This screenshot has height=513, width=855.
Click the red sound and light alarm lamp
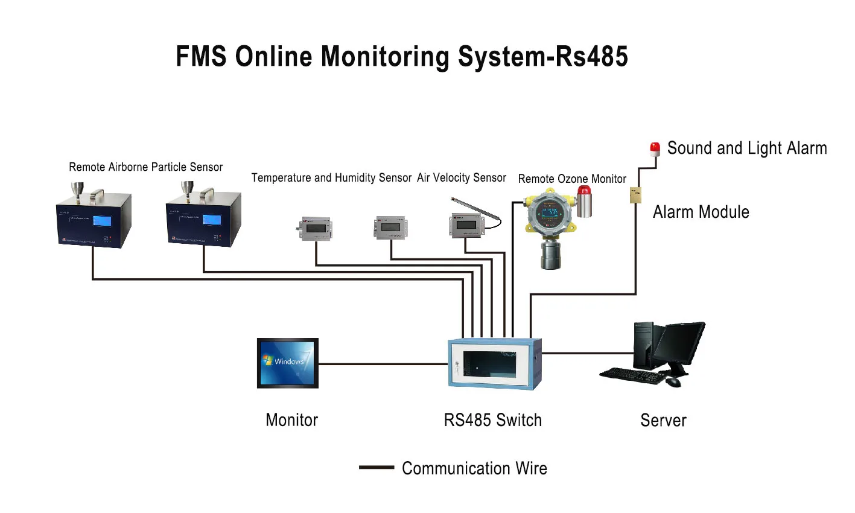pyautogui.click(x=655, y=148)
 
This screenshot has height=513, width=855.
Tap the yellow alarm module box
pyautogui.click(x=635, y=195)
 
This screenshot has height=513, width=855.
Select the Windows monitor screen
pyautogui.click(x=288, y=363)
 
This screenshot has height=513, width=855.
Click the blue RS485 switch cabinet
pyautogui.click(x=494, y=363)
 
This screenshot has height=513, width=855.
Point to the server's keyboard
pyautogui.click(x=631, y=375)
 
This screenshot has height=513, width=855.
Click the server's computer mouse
pyautogui.click(x=673, y=382)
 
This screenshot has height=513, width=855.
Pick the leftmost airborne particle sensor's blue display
pyautogui.click(x=102, y=221)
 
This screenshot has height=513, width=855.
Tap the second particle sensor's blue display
pyautogui.click(x=212, y=220)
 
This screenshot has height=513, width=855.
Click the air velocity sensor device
pyautogui.click(x=466, y=225)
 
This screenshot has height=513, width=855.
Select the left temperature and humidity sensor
pyautogui.click(x=315, y=229)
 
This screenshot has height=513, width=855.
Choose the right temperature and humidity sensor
pyautogui.click(x=391, y=228)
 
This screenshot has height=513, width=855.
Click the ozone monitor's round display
pyautogui.click(x=549, y=213)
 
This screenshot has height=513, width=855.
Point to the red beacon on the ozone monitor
pyautogui.click(x=583, y=192)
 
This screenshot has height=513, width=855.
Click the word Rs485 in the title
pyautogui.click(x=591, y=56)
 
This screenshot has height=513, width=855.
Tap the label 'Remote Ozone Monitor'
pyautogui.click(x=572, y=179)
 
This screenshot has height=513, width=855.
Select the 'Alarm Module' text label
pyautogui.click(x=701, y=212)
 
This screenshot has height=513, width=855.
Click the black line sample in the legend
pyautogui.click(x=376, y=468)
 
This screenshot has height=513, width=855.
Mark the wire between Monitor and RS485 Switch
pyautogui.click(x=383, y=364)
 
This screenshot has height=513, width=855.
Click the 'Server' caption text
pyautogui.click(x=663, y=420)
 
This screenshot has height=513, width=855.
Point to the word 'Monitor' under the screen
pyautogui.click(x=291, y=420)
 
